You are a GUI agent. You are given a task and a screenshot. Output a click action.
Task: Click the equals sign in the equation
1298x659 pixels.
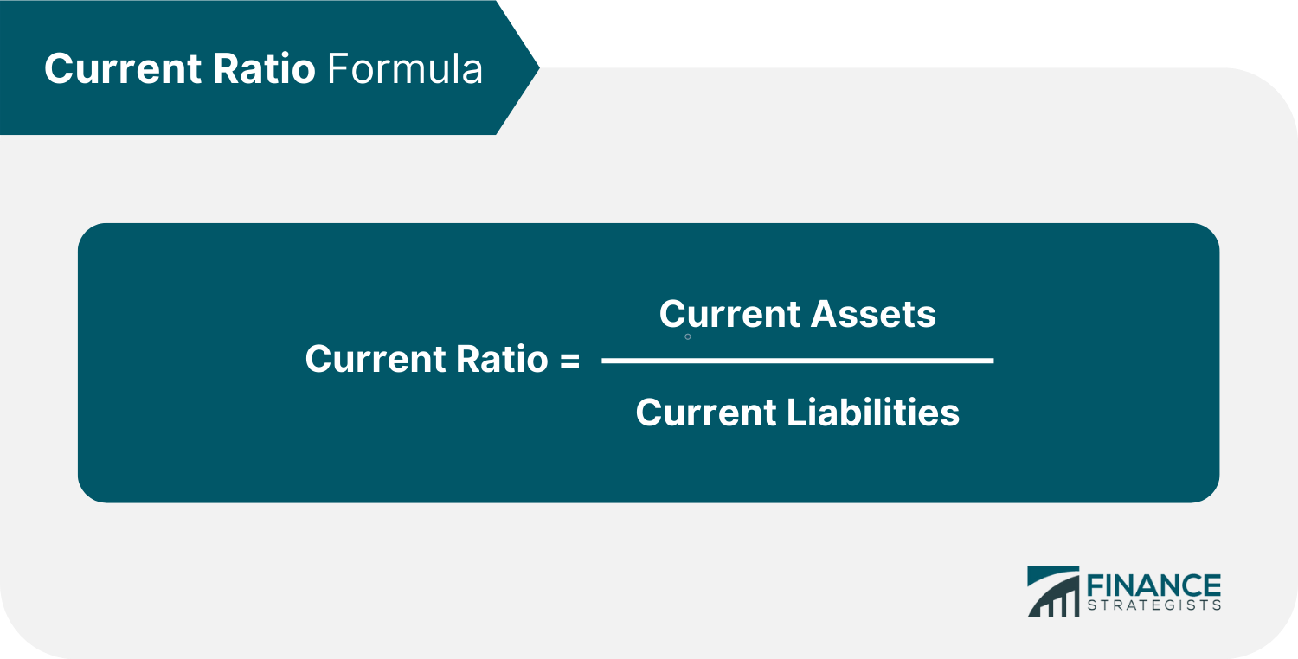tap(569, 360)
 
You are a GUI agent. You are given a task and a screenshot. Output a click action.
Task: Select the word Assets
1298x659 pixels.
tap(874, 313)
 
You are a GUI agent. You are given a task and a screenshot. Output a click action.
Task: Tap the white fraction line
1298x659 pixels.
tap(797, 360)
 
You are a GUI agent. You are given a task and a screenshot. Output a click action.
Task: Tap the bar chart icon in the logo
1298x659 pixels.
tap(1052, 592)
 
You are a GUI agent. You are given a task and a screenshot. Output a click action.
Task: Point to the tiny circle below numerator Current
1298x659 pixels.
tap(688, 336)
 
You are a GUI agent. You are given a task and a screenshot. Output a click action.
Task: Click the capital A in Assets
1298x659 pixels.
tap(825, 313)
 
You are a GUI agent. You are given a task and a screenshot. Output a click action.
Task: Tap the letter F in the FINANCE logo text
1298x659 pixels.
tap(1092, 585)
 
